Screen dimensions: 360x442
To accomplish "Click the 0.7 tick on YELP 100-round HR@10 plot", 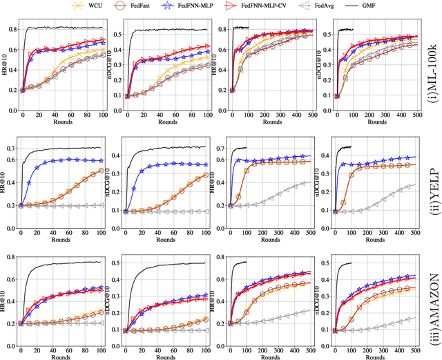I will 14,148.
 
